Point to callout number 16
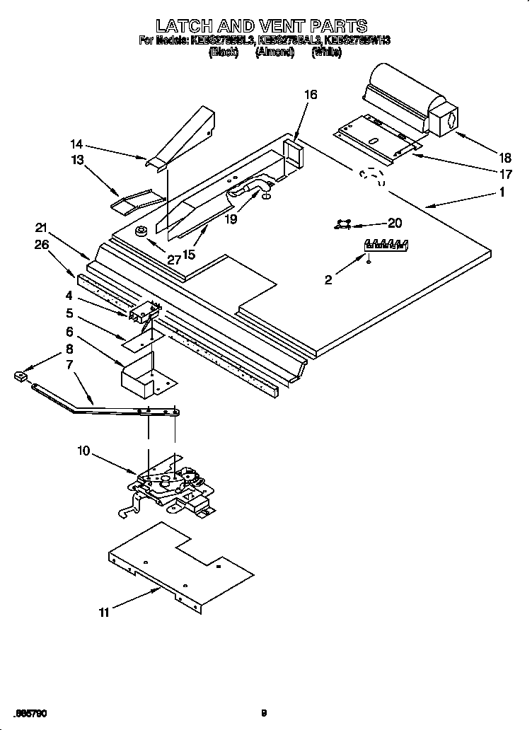(x=311, y=95)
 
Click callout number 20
(x=395, y=223)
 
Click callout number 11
(x=103, y=613)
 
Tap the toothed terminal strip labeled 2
(x=386, y=245)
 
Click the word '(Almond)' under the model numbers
(x=274, y=52)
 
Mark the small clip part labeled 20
(x=344, y=224)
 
